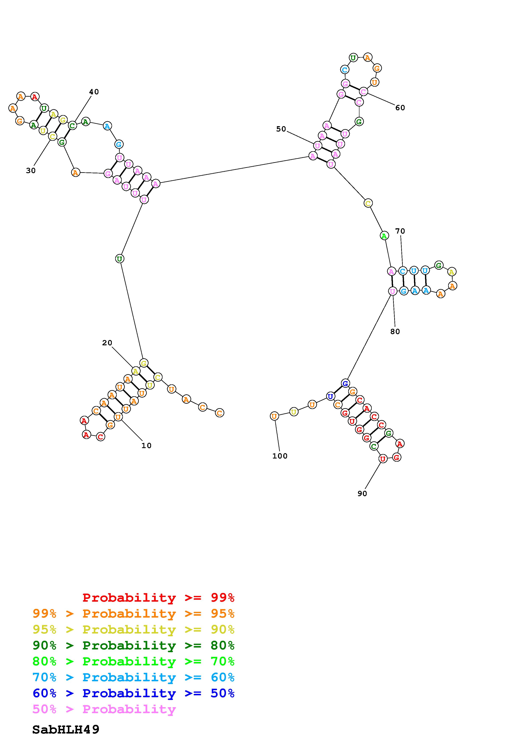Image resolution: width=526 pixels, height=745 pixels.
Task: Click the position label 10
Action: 146,446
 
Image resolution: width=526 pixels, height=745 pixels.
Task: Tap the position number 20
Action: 107,343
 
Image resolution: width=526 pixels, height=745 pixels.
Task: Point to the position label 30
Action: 31,171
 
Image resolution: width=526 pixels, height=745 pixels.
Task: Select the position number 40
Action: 94,92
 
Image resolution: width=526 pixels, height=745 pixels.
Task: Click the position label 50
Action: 281,129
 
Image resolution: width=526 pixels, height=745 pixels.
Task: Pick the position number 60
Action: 400,108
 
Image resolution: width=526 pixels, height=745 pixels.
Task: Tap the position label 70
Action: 400,231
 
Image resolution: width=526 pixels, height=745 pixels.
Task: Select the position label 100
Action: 280,456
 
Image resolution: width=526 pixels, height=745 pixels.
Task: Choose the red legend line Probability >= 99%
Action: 159,598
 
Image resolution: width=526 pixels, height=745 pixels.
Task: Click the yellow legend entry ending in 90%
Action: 133,629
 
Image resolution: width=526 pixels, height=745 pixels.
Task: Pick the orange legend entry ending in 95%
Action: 133,614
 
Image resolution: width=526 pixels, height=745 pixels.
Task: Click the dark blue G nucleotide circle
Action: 345,383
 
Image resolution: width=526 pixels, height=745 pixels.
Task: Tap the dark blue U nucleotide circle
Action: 330,396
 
